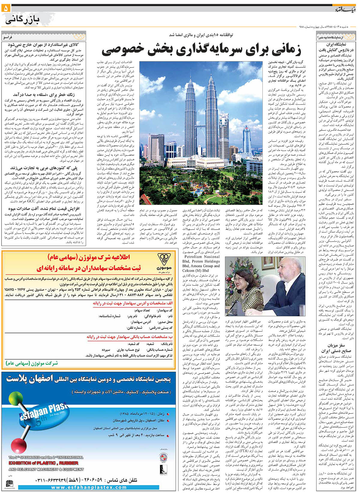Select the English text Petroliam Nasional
(x=202, y=257)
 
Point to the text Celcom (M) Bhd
(x=196, y=270)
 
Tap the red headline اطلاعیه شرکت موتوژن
(x=89, y=257)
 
